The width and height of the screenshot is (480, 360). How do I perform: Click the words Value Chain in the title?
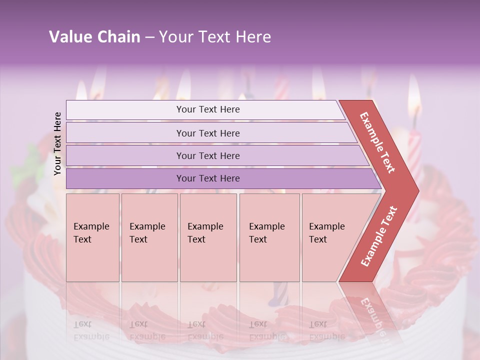tap(94, 37)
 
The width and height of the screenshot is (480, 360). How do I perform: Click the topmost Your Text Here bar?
tap(207, 109)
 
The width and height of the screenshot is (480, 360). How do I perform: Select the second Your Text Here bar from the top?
tap(207, 133)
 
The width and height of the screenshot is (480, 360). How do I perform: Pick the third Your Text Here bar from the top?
tap(207, 155)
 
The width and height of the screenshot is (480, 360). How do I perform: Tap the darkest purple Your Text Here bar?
tap(207, 178)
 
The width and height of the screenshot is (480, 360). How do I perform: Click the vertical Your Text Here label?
tap(57, 143)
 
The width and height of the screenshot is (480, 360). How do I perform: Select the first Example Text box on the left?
tap(92, 237)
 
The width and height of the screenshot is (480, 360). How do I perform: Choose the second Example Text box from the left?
tap(149, 237)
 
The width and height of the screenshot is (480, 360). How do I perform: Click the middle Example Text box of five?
tap(208, 237)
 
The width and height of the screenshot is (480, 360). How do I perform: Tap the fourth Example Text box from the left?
tap(269, 237)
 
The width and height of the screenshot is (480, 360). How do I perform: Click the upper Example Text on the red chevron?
tap(378, 143)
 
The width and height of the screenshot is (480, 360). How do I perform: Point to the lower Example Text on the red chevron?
tap(379, 236)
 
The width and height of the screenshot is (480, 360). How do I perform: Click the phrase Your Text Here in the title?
tap(215, 37)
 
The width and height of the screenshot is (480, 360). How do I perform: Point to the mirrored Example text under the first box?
tap(91, 330)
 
